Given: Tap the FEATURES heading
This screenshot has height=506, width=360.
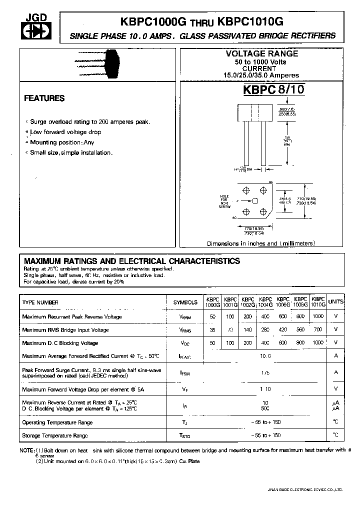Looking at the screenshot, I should (x=44, y=98).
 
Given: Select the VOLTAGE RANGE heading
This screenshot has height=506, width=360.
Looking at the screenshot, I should (x=262, y=53).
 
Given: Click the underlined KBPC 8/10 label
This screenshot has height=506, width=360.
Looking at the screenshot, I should (x=273, y=90).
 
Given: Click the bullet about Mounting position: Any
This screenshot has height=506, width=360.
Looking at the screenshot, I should (x=61, y=142).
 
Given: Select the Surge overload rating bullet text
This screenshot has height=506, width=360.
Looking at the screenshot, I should (x=89, y=121).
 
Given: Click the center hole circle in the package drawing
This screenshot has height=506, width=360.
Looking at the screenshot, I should (x=254, y=201).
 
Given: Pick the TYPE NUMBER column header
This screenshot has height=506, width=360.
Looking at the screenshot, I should (x=40, y=302).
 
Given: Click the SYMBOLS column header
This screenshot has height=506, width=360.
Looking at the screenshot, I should (x=185, y=303).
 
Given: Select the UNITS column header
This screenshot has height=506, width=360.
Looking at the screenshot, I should (x=335, y=302).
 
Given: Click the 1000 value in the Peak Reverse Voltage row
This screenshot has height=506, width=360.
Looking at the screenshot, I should (x=318, y=316).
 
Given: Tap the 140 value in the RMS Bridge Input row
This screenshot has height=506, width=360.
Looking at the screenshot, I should (x=248, y=330).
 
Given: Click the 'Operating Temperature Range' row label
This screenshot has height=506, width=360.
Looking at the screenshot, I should (x=57, y=422).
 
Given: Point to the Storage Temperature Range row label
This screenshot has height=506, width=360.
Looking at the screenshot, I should (x=55, y=435).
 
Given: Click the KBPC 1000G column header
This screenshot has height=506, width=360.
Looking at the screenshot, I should (x=212, y=302).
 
